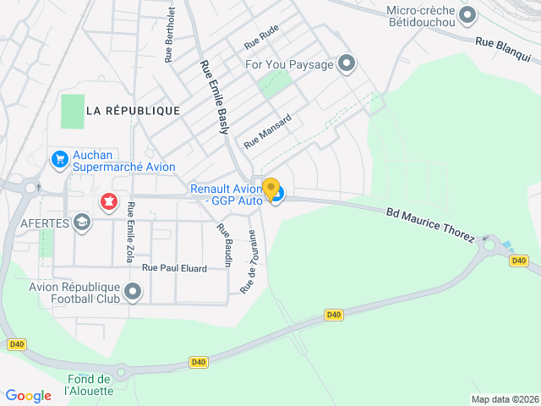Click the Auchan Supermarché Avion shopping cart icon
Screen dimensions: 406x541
[x=59, y=159]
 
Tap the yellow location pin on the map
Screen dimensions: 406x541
[x=270, y=189]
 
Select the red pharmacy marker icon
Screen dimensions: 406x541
[x=108, y=201]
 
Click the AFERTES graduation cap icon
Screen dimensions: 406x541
[x=82, y=222]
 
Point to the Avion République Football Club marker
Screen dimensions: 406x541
[x=133, y=293]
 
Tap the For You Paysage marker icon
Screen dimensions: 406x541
[x=346, y=63]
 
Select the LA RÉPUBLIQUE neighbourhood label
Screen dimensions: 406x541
[x=133, y=111]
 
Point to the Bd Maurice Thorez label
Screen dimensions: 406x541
[x=431, y=224]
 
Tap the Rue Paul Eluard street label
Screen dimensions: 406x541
[x=174, y=268]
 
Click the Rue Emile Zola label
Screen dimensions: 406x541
[x=130, y=231]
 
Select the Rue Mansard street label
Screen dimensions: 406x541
[x=267, y=131]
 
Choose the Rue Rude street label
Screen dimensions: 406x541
[x=261, y=36]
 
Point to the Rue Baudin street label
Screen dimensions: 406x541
[x=224, y=245]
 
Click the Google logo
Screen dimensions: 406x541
[x=28, y=395]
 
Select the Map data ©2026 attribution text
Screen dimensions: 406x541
[x=504, y=399]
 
